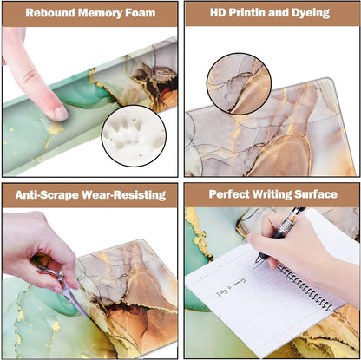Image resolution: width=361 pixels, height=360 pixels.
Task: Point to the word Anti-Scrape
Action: click(45, 195)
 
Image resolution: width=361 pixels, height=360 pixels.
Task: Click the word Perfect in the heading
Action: click(224, 195)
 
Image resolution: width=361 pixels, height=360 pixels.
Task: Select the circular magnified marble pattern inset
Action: click(238, 85)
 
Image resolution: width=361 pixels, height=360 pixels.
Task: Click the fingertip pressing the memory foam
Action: click(57, 111)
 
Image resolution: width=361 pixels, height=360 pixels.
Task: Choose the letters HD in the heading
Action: click(218, 13)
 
